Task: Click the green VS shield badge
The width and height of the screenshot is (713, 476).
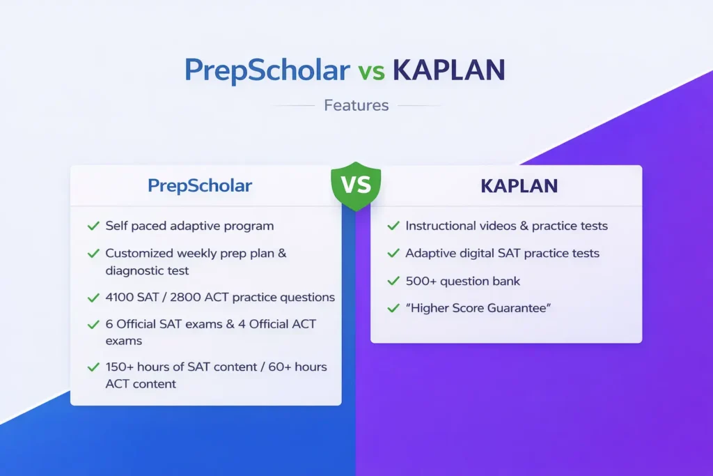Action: [x=356, y=186]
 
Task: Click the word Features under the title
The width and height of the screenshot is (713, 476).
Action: [x=356, y=105]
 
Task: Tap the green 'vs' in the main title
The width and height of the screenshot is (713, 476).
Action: [x=371, y=72]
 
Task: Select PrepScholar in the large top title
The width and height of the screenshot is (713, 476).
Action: [x=267, y=70]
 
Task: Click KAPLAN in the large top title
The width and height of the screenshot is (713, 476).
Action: [x=448, y=70]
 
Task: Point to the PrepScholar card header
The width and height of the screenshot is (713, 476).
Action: [x=200, y=185]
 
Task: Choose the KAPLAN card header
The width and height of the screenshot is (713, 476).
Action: [x=519, y=186]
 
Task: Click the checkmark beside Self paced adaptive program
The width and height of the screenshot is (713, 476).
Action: [x=93, y=226]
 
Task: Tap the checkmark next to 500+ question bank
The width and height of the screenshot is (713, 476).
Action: [x=393, y=281]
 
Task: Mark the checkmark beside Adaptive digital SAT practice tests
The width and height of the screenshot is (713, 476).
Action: [x=393, y=253]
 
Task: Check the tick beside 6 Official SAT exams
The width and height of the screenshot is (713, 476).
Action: [x=93, y=325]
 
